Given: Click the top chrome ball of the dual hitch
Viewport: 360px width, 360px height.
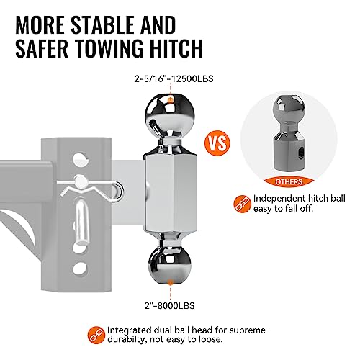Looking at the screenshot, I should point(169,116).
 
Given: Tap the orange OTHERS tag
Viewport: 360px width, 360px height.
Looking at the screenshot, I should point(289,181).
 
